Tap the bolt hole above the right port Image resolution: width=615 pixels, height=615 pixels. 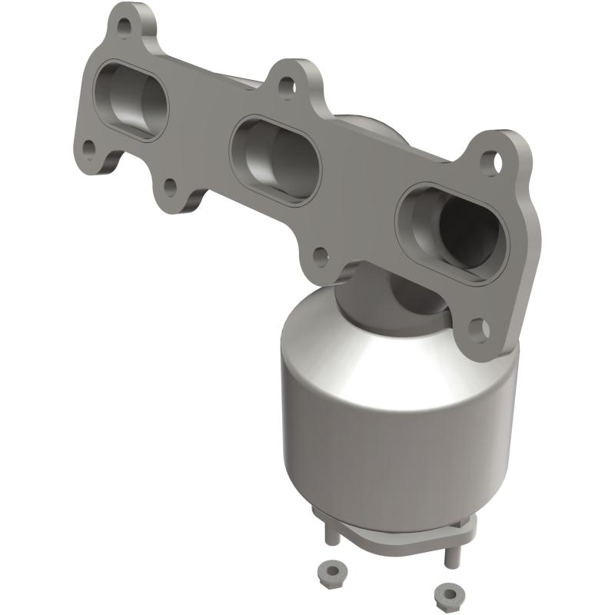click(x=489, y=161)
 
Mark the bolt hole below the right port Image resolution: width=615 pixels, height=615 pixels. click(x=480, y=330)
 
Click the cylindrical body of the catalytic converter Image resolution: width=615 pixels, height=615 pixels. click(x=392, y=430)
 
